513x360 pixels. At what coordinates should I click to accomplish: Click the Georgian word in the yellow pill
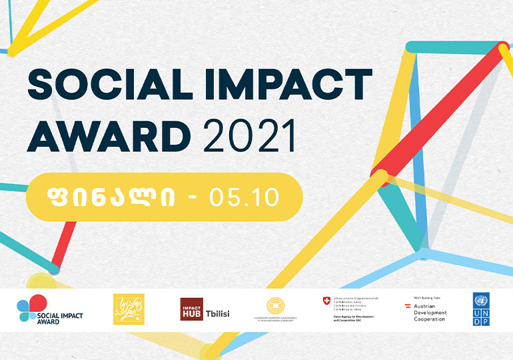(x=111, y=197)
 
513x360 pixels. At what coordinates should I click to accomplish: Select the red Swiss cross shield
(x=326, y=301)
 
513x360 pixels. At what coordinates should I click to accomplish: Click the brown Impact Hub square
(x=191, y=309)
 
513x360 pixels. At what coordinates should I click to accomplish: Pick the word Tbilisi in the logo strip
(x=217, y=313)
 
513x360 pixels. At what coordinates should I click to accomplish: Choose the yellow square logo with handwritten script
(x=129, y=309)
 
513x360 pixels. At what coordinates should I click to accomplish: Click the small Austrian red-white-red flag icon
(x=408, y=306)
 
